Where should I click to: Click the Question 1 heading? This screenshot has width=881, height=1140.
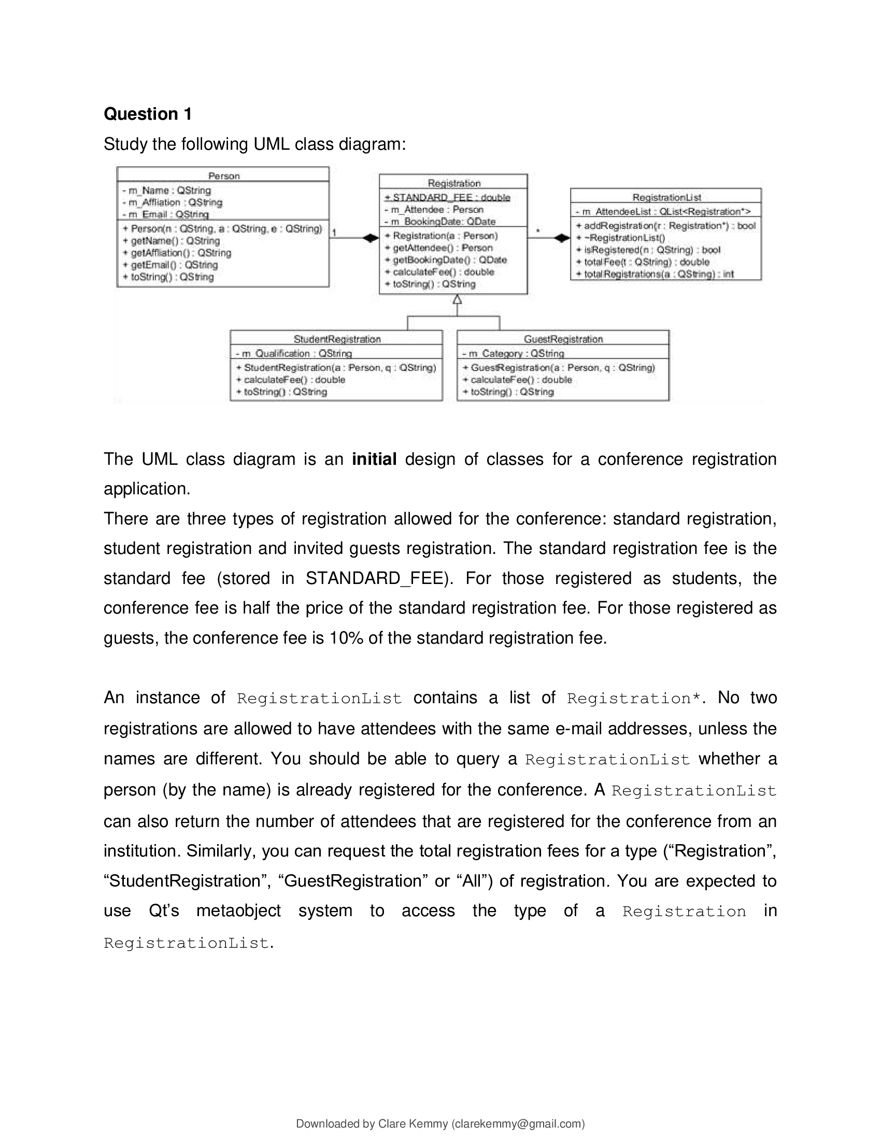(148, 114)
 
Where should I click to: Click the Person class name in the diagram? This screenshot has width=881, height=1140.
(223, 176)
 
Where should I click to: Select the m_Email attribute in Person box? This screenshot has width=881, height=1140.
(165, 214)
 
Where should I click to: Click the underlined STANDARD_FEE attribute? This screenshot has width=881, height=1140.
(447, 197)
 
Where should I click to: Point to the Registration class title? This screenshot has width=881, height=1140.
(453, 183)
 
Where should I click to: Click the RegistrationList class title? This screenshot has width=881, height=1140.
(666, 197)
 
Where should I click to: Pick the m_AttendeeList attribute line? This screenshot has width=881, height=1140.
(663, 211)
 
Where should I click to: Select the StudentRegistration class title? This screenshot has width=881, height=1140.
(337, 339)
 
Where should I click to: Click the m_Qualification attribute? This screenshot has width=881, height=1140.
(294, 353)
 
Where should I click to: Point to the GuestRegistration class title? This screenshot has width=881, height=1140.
(563, 339)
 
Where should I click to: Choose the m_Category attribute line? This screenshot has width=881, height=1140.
(513, 353)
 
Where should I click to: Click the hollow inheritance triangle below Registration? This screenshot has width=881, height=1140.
(457, 300)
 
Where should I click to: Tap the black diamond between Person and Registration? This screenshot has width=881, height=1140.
(371, 238)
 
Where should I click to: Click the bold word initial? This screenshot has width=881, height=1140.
(374, 459)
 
